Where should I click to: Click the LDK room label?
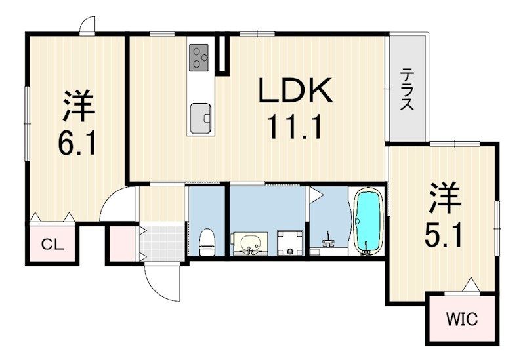296,92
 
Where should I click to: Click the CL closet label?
52,245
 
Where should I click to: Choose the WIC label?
463,320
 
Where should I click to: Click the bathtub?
368,222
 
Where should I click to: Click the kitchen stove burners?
199,57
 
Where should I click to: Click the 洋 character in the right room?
444,199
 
